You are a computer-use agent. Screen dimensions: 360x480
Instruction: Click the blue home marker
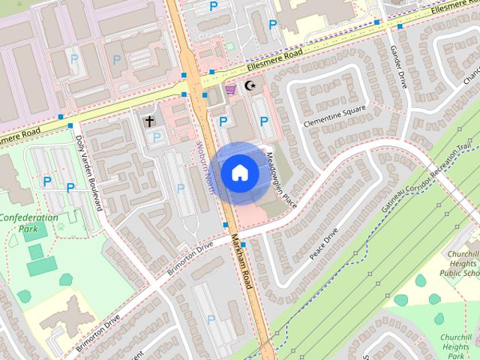pos(239,173)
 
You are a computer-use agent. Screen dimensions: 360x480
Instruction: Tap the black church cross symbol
pos(149,121)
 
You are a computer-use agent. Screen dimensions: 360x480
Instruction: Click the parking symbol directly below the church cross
pos(157,136)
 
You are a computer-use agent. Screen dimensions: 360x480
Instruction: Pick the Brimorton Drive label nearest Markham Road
pos(186,258)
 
